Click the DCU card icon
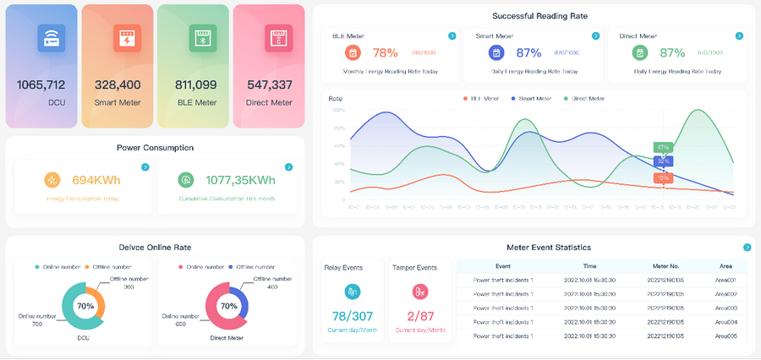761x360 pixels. coord(52,38)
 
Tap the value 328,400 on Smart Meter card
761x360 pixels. coord(118,85)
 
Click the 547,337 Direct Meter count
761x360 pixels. coord(270,85)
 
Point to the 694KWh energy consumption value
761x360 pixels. coord(96,180)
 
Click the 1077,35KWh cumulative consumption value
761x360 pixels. coord(240,180)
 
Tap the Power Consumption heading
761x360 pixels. coord(155,148)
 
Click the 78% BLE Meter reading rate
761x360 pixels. coord(385,52)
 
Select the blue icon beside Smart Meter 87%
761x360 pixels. coord(496,52)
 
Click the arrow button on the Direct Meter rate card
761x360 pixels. coord(740,36)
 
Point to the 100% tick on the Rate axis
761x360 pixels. coord(338,110)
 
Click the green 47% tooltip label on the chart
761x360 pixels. coord(663,147)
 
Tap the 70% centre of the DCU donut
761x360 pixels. coord(85,306)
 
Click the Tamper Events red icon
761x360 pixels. coord(419,292)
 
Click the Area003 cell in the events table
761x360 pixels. coord(725,308)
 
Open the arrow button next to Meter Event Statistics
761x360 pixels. coord(747,248)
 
